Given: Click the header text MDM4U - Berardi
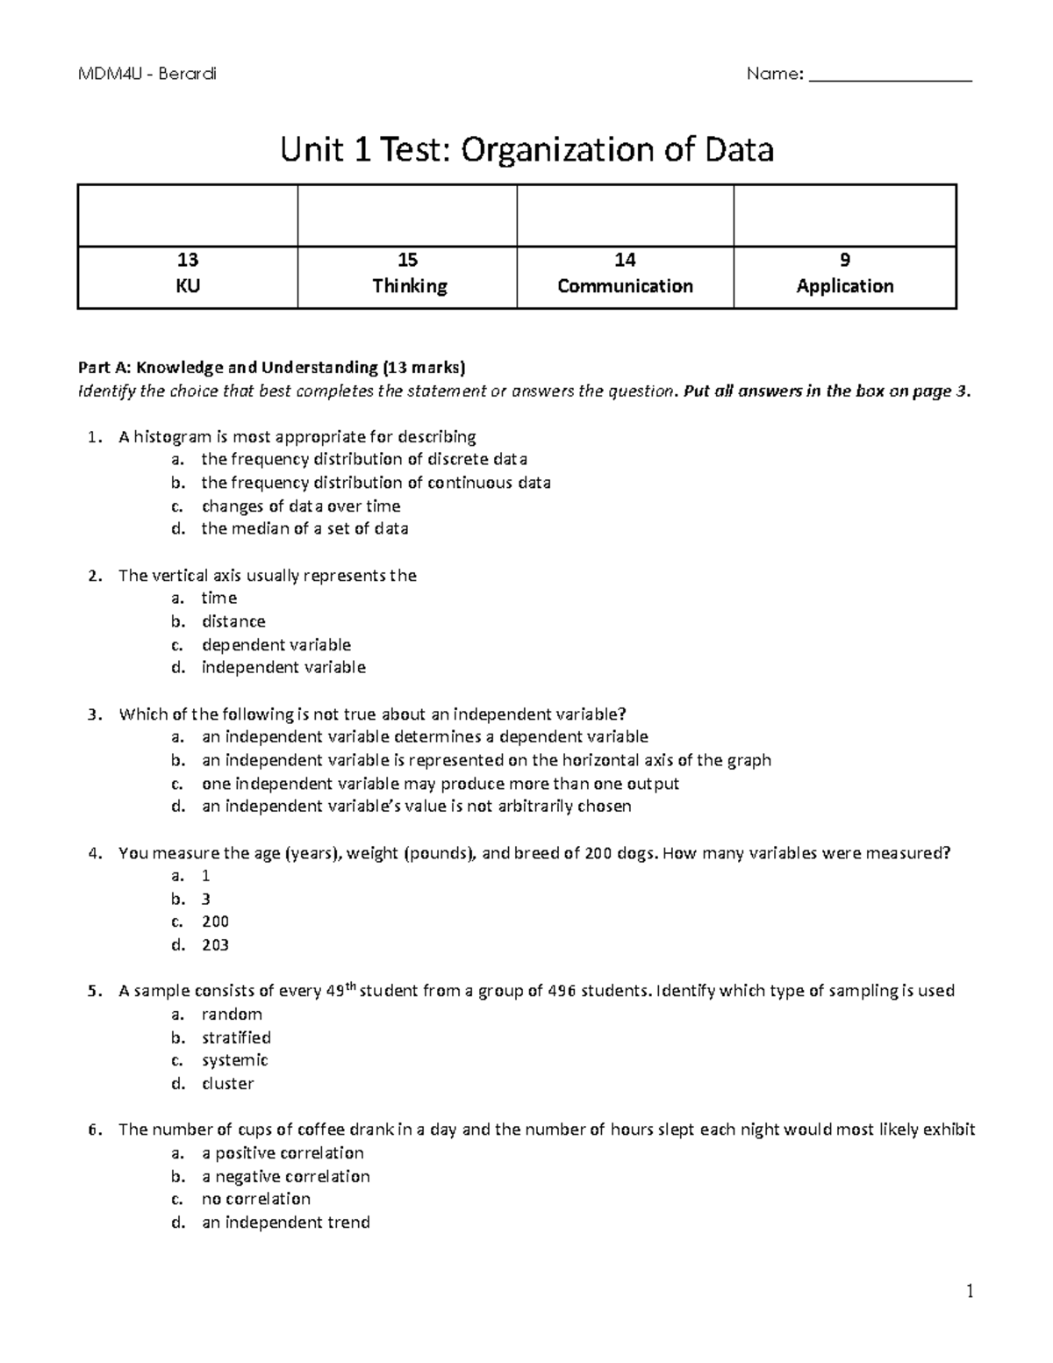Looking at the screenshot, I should point(147,74).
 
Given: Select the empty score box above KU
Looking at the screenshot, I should point(188,216).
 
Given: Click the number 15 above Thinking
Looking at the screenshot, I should point(407,260).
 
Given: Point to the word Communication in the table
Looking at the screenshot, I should point(625,286).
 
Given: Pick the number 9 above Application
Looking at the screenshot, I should point(844,260).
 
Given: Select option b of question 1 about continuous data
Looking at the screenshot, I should point(376,483).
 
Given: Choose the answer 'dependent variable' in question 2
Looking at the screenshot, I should point(276,645).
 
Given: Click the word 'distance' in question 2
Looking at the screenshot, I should point(233,621).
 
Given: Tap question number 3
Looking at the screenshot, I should point(96,714).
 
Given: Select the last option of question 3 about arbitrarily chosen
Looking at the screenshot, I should point(416,807).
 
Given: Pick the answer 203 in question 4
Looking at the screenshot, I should point(215,945).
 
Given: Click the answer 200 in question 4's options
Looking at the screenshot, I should point(215,922).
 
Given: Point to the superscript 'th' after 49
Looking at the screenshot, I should point(351,986).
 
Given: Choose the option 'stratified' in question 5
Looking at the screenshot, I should point(236,1037).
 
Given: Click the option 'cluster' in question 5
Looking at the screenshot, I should point(227,1084).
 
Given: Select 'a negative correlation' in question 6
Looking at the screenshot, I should point(285,1176).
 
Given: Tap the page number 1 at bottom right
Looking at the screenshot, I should point(970,1291).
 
